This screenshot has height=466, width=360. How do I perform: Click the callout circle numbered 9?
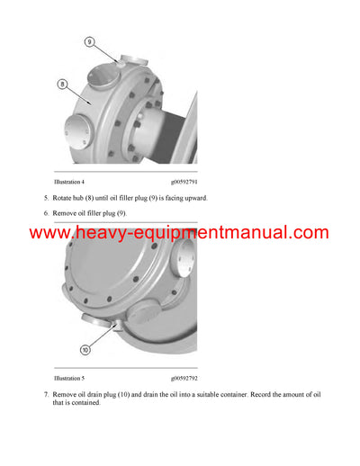(x=89, y=41)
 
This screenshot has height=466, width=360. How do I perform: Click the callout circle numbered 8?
(x=63, y=85)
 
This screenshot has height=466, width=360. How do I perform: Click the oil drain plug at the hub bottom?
(x=98, y=320)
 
